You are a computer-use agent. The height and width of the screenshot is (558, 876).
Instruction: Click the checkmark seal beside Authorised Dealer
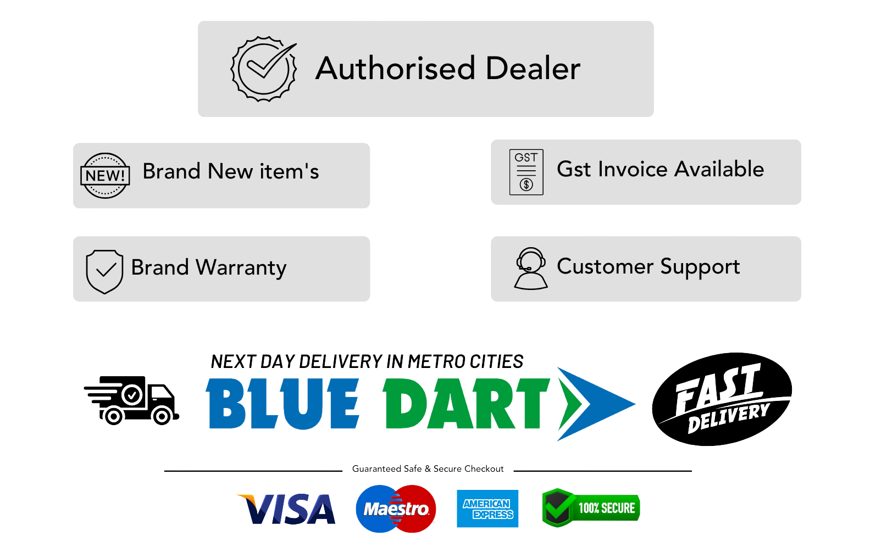pos(263,69)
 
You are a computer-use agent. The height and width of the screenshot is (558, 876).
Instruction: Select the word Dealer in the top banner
pos(533,69)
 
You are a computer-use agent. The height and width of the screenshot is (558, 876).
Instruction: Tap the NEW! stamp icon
pos(105,175)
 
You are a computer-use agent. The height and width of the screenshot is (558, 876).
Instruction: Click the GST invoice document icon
pos(526,172)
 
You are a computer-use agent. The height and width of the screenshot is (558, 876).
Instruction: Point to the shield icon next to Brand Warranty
pos(104,271)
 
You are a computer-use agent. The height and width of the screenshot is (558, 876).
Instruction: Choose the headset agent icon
pos(531,269)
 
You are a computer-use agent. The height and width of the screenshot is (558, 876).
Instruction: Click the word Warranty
pos(241,268)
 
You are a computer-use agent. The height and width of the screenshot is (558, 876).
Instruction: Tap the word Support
pos(700,267)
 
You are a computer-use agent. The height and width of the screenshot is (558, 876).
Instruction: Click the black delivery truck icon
pos(131,400)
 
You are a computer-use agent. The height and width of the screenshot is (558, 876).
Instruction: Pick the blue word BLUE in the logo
pos(282,404)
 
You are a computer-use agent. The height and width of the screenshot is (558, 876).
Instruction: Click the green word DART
pos(466,404)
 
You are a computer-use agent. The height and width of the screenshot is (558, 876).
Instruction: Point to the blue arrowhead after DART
pos(596,404)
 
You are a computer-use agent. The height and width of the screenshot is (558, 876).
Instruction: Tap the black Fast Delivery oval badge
pos(722,399)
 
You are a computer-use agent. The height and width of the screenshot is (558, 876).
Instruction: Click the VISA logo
pos(286,509)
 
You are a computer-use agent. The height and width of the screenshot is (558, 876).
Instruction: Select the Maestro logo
pos(396,509)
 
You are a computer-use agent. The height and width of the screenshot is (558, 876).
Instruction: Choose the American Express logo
pos(487,509)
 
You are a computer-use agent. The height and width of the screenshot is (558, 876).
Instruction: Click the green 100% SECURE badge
pos(591,507)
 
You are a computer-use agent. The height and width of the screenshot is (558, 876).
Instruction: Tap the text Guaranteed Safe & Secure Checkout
pos(428,469)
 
